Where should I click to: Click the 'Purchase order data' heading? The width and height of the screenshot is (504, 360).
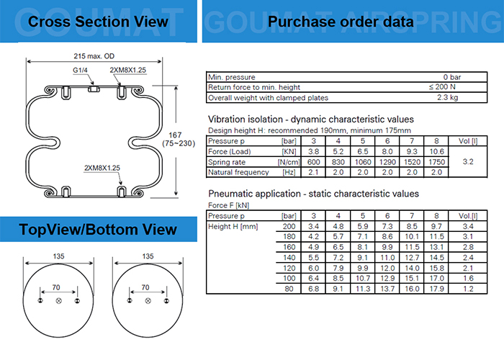point(341,22)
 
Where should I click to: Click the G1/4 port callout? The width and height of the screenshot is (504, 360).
point(81,70)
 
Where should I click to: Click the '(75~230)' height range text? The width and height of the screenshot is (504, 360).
point(189,143)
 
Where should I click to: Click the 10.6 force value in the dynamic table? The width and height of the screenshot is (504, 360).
point(436,152)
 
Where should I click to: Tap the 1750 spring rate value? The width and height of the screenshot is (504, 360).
point(436,162)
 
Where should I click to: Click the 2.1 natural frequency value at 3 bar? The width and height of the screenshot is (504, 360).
point(313,173)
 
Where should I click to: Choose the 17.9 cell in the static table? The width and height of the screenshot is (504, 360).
point(436,289)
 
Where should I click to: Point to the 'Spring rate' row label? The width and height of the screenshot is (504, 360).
point(227,162)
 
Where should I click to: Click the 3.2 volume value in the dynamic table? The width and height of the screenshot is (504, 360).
point(469,162)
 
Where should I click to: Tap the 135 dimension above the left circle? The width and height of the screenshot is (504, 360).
point(59,256)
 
